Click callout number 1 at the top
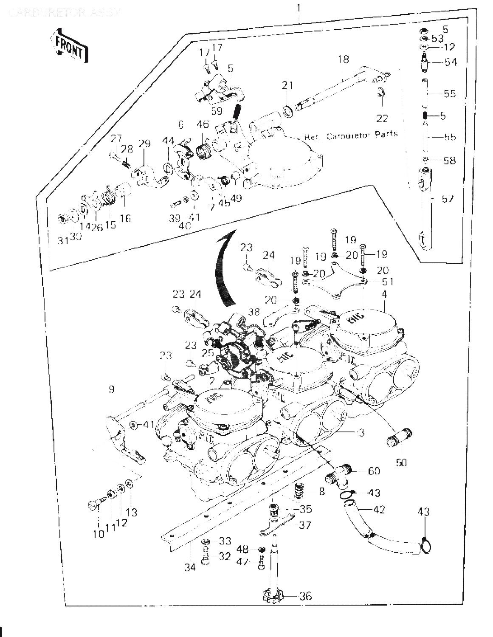coord(299,8)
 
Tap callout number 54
coord(451,62)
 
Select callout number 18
coord(343,59)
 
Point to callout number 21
coord(287,86)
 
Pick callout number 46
coord(203,125)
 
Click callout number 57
coord(448,199)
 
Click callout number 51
coord(387,282)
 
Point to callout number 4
coord(384,293)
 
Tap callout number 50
coord(401,462)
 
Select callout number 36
coord(305,596)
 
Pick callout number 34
coord(190,567)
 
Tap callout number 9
coord(111,389)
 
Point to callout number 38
coord(254,311)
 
